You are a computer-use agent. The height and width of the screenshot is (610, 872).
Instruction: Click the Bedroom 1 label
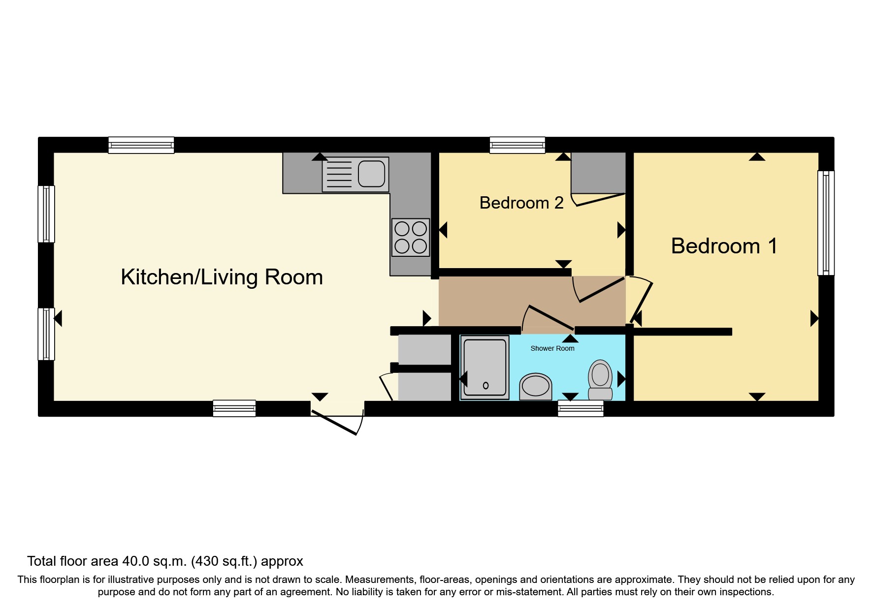click(724, 246)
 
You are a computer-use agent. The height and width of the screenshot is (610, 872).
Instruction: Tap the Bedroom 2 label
click(521, 203)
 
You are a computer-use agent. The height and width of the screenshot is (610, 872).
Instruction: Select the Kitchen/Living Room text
click(222, 277)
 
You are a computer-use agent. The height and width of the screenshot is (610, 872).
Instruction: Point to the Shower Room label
click(552, 348)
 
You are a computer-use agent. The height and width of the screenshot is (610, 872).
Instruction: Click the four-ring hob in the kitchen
click(410, 237)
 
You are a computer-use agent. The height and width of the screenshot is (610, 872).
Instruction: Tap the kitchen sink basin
click(371, 174)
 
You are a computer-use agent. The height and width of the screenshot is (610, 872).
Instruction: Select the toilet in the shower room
click(600, 380)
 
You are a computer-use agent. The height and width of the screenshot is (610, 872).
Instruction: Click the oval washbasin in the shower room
click(536, 386)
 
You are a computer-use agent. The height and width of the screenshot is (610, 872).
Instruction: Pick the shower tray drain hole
click(485, 386)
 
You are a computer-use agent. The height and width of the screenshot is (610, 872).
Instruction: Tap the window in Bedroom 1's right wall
click(826, 222)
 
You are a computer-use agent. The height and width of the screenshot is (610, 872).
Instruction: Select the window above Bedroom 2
click(517, 145)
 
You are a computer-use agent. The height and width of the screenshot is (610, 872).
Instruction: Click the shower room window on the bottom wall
click(581, 408)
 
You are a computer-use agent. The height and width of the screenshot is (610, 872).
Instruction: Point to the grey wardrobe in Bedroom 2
click(598, 173)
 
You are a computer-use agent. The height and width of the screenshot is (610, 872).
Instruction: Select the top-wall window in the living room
click(141, 145)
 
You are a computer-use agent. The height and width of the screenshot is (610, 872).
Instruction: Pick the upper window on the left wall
click(46, 213)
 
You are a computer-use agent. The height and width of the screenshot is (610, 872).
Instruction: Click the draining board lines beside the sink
click(339, 175)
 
